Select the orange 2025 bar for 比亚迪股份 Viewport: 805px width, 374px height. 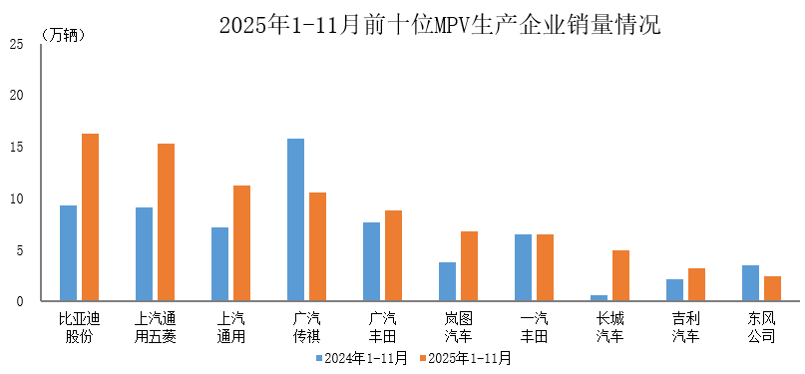90,217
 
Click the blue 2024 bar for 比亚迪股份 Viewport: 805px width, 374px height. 68,253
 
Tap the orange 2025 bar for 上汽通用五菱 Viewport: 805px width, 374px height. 166,222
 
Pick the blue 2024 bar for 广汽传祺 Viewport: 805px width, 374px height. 295,219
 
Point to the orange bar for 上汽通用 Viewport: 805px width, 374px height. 241,243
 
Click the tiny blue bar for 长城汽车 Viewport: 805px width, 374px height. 599,298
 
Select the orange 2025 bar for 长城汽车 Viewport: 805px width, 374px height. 620,275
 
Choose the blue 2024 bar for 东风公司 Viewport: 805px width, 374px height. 750,283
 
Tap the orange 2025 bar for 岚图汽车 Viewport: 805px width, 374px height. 469,266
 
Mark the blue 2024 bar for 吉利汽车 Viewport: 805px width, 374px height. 674,290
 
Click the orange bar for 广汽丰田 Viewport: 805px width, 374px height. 393,255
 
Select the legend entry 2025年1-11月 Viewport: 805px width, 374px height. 465,357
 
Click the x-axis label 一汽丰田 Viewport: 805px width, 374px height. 534,328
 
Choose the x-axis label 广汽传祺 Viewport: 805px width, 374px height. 306,328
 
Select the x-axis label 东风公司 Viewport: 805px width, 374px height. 761,328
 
